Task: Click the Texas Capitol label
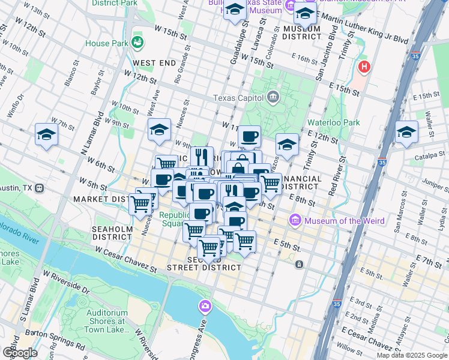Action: click(x=239, y=98)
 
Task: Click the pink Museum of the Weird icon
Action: click(x=295, y=221)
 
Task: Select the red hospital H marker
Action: click(x=363, y=67)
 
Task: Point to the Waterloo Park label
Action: click(x=333, y=122)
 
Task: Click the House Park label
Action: click(x=106, y=43)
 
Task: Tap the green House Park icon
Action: click(x=137, y=42)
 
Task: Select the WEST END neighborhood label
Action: click(x=154, y=63)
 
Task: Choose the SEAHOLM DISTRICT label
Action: click(x=111, y=232)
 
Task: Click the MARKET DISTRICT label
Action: click(x=99, y=199)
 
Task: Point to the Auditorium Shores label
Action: click(x=107, y=321)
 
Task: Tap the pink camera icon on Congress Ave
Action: click(x=206, y=307)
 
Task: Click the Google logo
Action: click(x=20, y=352)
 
